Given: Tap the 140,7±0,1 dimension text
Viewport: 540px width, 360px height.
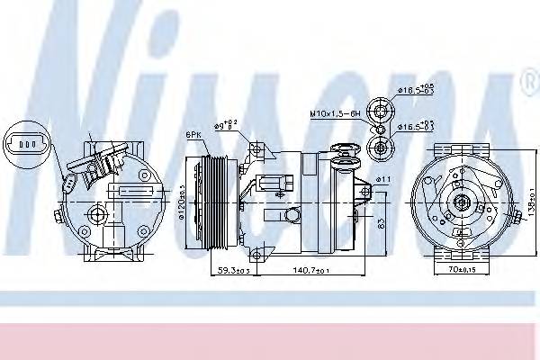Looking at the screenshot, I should coord(310,268).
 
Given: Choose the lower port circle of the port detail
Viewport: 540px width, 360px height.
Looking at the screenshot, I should coord(381,146).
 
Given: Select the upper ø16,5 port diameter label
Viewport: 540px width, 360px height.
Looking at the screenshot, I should coord(415,91).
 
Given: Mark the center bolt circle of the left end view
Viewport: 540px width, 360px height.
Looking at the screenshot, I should coord(94,214).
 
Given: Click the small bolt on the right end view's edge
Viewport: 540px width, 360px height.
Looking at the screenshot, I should coord(517,213).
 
